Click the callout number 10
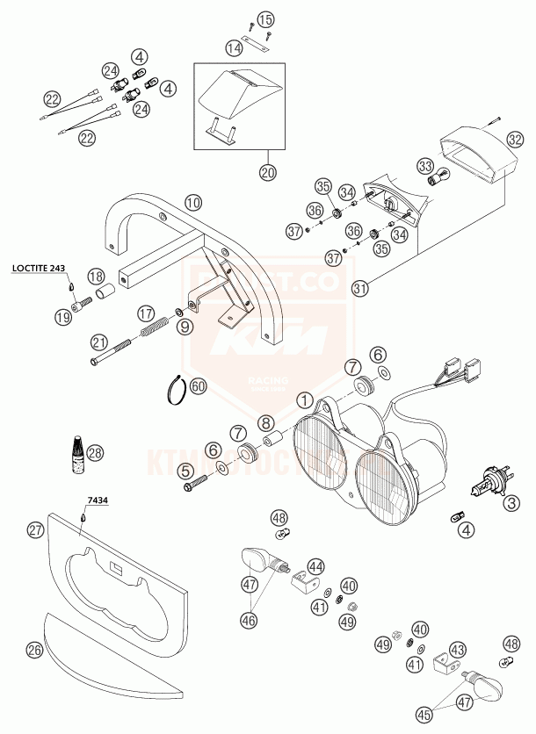[193, 203]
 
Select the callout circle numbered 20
[268, 172]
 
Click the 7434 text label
[98, 502]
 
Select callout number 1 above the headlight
[304, 401]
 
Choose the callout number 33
[425, 165]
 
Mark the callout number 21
[98, 342]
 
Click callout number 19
[62, 316]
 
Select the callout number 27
[35, 530]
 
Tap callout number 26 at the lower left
[35, 650]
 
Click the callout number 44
[315, 566]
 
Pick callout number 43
[458, 651]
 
